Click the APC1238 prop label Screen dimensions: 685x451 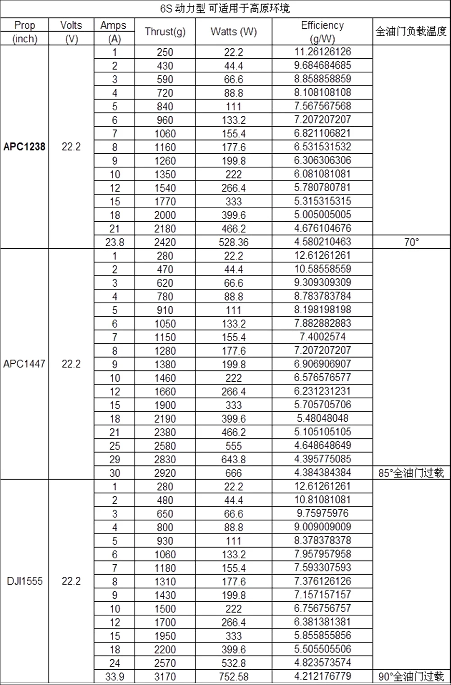click(x=24, y=147)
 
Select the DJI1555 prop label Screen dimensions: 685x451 click(x=24, y=581)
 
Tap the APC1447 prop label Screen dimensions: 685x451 click(x=24, y=364)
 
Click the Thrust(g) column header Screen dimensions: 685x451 click(x=165, y=32)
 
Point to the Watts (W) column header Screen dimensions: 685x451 click(x=234, y=32)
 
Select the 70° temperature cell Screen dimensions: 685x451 click(x=411, y=242)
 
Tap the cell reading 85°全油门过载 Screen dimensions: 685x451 click(x=411, y=473)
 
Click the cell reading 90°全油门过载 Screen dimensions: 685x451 click(x=411, y=676)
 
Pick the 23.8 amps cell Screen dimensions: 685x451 click(x=115, y=242)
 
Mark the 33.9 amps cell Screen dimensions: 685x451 click(x=115, y=676)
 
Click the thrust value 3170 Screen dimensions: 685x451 click(x=165, y=676)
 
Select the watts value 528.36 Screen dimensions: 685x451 click(x=234, y=242)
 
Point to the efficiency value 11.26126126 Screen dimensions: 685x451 click(x=322, y=52)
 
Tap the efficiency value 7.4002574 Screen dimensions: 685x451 click(x=322, y=337)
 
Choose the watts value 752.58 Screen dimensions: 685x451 click(x=234, y=676)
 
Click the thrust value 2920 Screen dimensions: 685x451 click(x=165, y=473)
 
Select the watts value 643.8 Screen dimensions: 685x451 click(x=234, y=459)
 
